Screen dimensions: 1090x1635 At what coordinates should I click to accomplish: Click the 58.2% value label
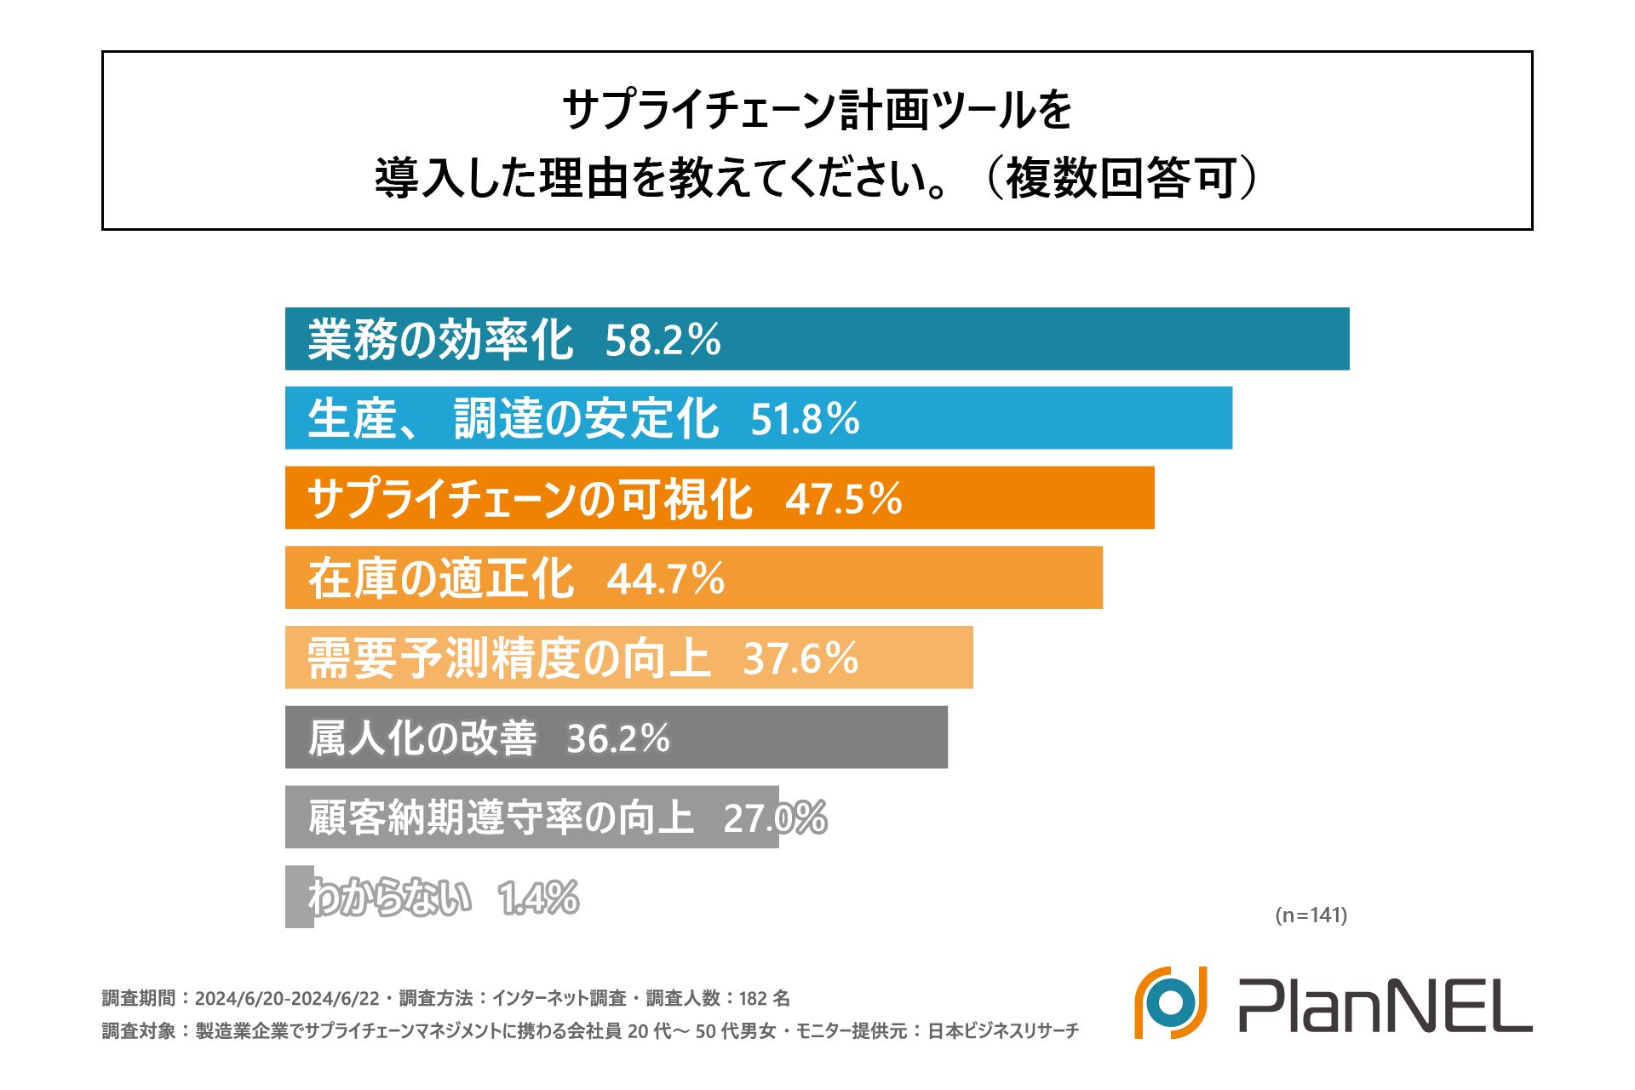(663, 340)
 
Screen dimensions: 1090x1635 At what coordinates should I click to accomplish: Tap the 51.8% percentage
(805, 419)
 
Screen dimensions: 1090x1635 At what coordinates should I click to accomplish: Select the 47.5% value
(843, 499)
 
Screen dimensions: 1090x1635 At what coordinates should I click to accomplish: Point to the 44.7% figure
(665, 579)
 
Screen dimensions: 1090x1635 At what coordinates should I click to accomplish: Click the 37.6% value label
(800, 658)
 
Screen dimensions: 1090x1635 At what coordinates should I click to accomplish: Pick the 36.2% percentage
(618, 738)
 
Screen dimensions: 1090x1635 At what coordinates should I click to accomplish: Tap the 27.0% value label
(774, 818)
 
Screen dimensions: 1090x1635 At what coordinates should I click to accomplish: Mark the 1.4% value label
(539, 898)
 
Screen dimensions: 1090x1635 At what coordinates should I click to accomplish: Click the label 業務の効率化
(440, 340)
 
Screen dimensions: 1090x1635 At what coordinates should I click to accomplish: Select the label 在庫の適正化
(441, 579)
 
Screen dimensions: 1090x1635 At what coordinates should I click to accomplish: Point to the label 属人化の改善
(422, 738)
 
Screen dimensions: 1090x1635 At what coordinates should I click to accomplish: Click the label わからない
(390, 898)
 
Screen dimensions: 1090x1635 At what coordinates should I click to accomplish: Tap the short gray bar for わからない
(299, 897)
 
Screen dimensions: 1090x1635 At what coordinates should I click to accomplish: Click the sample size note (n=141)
(1311, 915)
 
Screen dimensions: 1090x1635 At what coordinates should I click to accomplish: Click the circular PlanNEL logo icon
(1171, 1002)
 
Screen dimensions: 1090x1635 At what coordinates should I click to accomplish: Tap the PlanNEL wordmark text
(1385, 1005)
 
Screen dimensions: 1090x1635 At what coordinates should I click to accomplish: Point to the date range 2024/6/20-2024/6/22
(287, 998)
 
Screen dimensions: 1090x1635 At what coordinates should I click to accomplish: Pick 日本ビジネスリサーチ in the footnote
(1002, 1031)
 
